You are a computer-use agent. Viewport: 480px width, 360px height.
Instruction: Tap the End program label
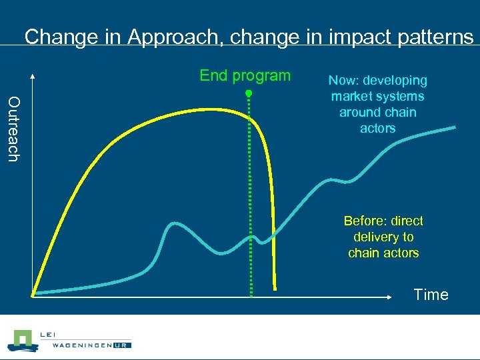[x=245, y=75]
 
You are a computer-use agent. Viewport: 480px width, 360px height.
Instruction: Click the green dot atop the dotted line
[x=247, y=93]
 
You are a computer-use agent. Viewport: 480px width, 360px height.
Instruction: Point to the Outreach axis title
[x=14, y=129]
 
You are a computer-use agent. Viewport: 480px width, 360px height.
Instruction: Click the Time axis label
[x=431, y=295]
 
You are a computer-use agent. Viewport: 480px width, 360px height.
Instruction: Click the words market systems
[x=377, y=97]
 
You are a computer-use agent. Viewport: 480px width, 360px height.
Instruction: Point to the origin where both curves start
[x=33, y=294]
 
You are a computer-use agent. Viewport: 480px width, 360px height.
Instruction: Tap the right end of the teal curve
[x=455, y=127]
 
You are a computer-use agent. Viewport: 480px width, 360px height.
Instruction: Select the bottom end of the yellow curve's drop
[x=275, y=289]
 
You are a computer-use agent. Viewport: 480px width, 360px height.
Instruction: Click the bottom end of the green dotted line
[x=251, y=295]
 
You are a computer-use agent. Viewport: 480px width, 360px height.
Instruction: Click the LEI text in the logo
[x=49, y=334]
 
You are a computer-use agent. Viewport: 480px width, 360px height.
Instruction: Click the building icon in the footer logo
[x=21, y=340]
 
